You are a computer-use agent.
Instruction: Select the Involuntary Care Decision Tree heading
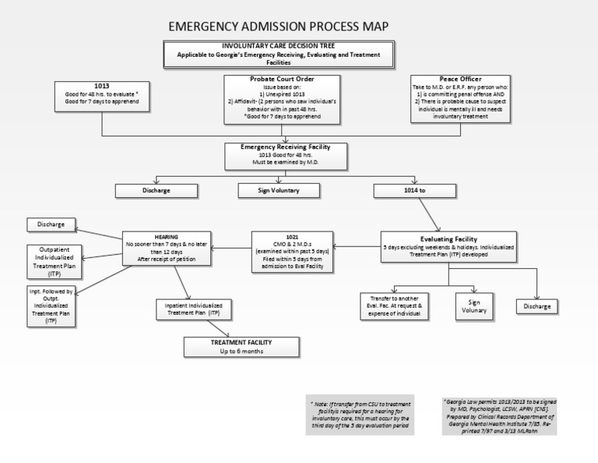279,47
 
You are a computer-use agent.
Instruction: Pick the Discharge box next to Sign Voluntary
156,190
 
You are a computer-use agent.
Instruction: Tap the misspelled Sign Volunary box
473,305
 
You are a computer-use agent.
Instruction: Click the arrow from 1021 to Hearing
231,249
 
